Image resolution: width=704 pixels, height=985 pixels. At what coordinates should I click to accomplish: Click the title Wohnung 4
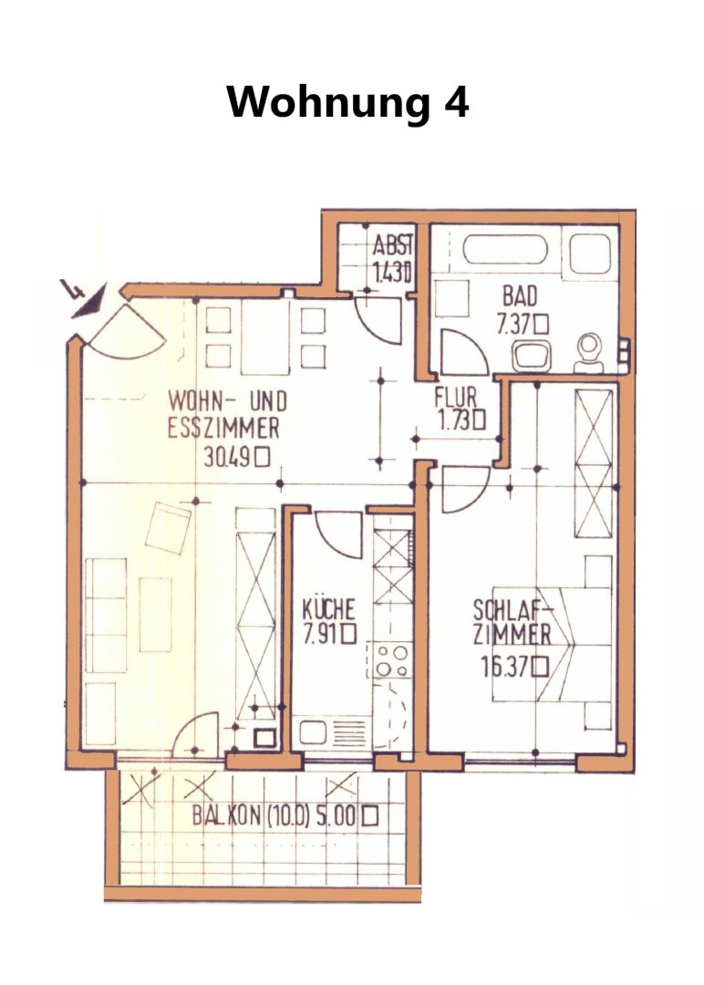348,102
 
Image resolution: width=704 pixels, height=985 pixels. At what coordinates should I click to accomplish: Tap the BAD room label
520,295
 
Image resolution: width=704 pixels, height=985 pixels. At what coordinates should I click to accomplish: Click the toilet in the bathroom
590,353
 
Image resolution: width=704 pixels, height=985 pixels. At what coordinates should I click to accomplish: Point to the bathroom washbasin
532,356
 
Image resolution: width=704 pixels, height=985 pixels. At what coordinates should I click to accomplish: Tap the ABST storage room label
392,244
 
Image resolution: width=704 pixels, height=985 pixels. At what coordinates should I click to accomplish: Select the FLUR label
456,397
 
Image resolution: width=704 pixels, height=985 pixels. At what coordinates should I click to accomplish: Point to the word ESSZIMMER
223,429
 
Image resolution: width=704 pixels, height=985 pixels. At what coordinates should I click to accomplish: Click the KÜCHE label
328,609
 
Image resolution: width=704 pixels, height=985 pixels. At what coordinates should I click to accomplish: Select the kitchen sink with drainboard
333,732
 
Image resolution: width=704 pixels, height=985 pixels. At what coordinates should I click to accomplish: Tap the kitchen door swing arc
339,534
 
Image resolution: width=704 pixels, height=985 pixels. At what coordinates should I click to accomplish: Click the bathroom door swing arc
465,352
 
